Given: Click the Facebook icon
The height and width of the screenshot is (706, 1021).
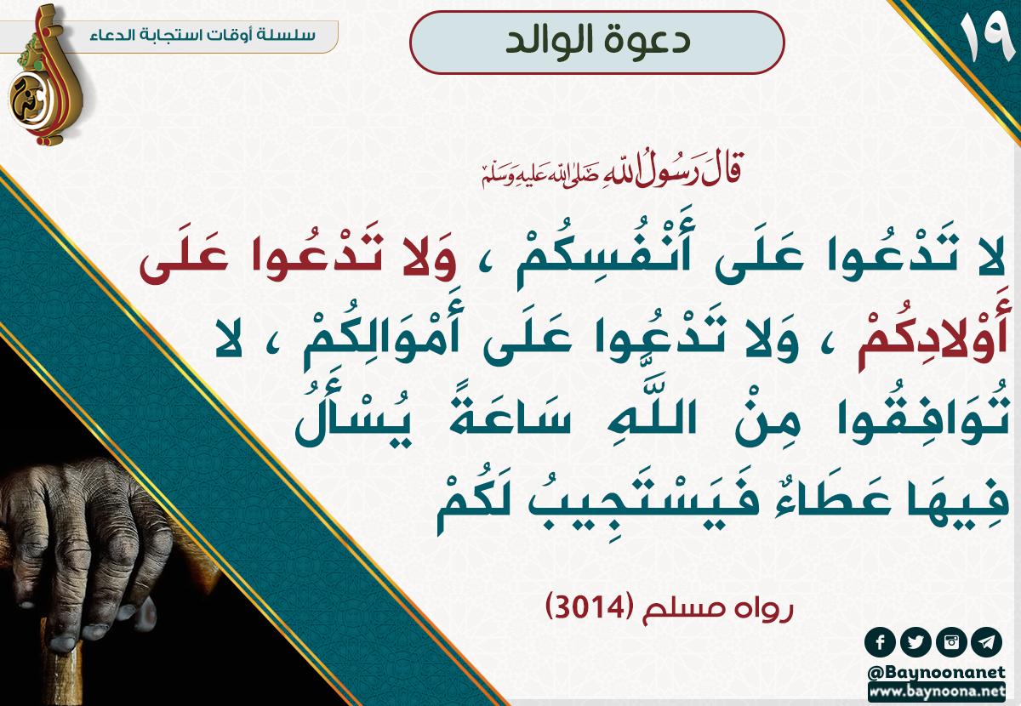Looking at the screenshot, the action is click(880, 642).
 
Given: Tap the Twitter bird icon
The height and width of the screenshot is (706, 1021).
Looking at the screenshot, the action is click(915, 642).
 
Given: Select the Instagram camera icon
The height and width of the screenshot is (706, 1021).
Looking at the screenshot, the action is click(951, 642).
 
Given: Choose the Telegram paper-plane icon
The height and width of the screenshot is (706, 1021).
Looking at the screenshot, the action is click(986, 642).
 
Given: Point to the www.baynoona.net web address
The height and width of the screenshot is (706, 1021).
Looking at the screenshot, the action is click(937, 692).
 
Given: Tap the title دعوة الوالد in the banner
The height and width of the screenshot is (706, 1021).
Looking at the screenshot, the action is click(597, 41).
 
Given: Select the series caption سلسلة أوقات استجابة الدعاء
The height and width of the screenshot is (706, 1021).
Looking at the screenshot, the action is click(202, 35).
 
